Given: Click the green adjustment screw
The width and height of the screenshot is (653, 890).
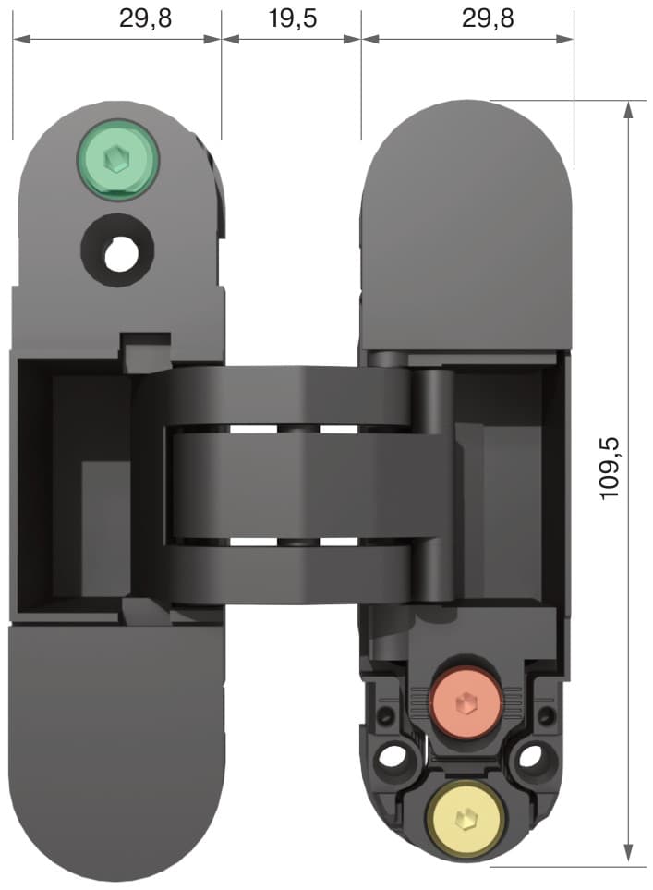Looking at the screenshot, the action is click(118, 159).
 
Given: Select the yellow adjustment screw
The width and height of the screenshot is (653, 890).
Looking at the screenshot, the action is click(466, 817).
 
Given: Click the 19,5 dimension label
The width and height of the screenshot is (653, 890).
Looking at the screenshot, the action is click(292, 18).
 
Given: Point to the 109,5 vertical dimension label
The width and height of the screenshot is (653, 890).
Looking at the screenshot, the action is click(611, 469).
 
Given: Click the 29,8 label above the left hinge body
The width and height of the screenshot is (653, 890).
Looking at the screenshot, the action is click(145, 18).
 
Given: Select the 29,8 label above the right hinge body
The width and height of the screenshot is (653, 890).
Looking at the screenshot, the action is click(488, 18).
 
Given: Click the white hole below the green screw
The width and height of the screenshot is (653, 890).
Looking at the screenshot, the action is click(118, 254).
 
